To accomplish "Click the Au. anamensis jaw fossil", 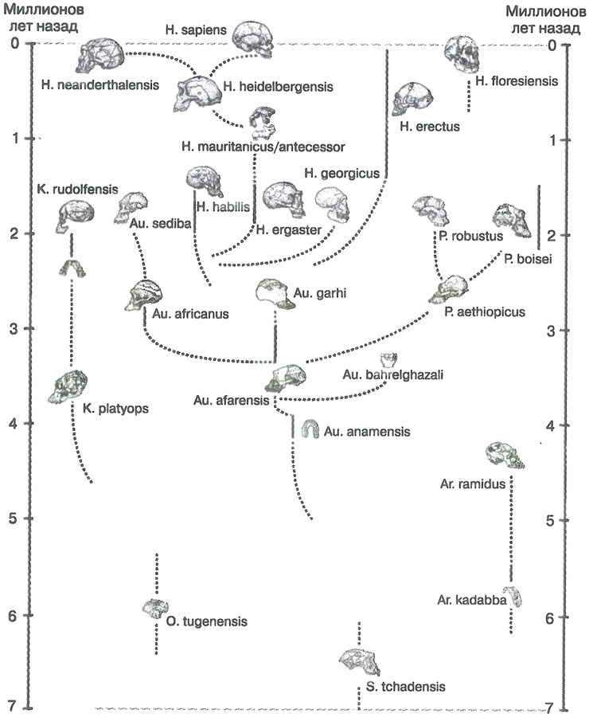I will pos(310,429).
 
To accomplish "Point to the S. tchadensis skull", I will pos(361,659).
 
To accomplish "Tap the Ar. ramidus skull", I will pos(506,455).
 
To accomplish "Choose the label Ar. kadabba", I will pos(472,599).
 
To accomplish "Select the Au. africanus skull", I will pos(143,296).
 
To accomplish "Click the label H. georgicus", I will pos(343,173).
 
